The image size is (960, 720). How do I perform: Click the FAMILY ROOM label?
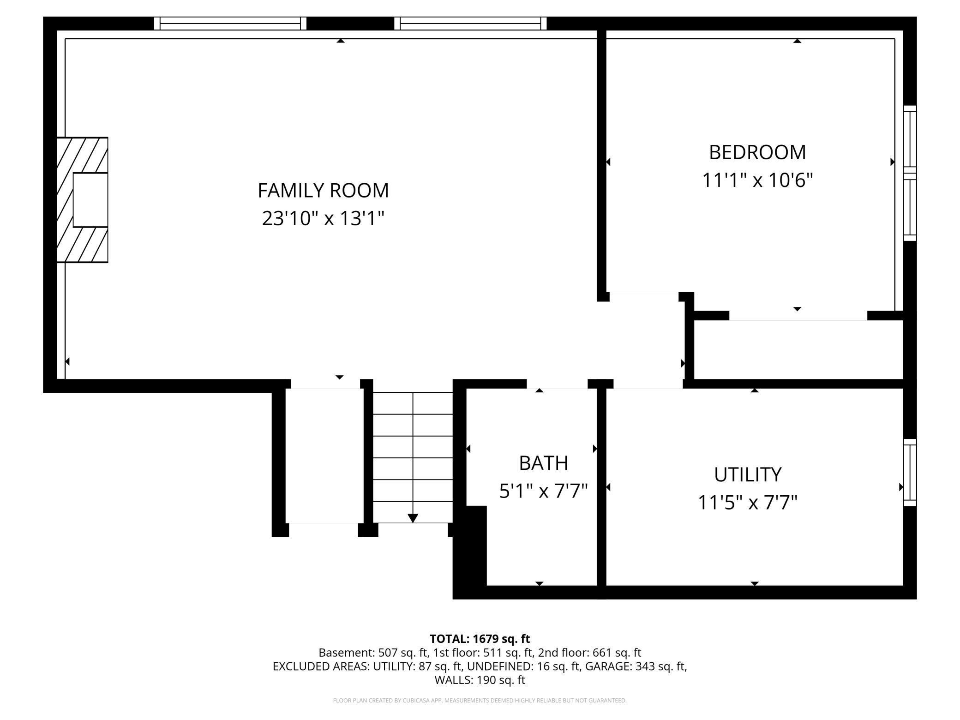point(323,190)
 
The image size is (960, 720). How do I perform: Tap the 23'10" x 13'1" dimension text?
point(323,218)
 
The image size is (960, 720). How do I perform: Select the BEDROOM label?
point(757,152)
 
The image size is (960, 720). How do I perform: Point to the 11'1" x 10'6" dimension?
point(757,180)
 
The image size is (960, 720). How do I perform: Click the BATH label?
point(543,463)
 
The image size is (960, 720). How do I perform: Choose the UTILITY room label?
point(748,474)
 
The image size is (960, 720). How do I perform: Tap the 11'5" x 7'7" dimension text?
point(748,502)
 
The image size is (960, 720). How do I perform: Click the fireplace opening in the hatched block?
point(90,200)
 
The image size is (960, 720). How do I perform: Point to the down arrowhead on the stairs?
point(413,518)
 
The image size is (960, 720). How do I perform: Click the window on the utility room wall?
point(909,472)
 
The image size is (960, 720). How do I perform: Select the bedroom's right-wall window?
point(909,173)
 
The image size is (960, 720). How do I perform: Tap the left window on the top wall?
point(230,23)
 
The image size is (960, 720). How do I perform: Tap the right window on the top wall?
point(470,23)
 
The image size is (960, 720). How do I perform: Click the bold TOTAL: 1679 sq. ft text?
point(480,639)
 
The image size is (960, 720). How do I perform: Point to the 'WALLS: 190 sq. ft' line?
point(480,680)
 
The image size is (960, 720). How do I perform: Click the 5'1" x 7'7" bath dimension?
point(543,491)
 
